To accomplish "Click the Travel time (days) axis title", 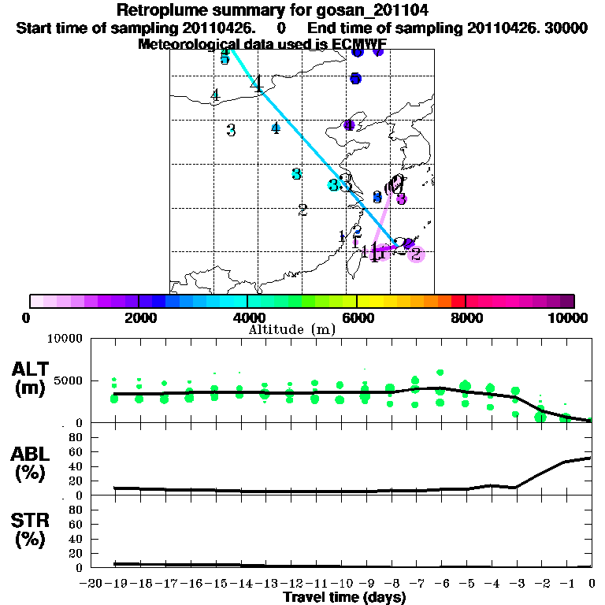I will pos(345,598).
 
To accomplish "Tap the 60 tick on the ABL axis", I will pos(76,451).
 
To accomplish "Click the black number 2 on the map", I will pos(302,210).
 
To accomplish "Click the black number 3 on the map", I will pos(231,130).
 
